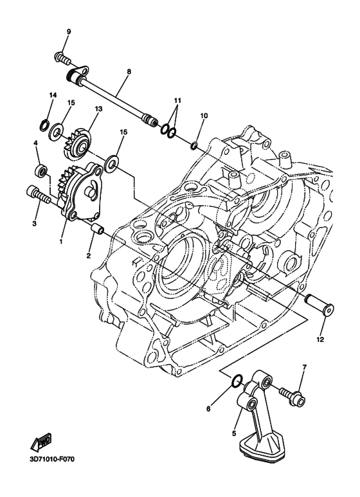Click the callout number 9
pos(69,32)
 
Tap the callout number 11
pos(177,102)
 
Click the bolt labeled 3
pos(37,194)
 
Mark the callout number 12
pos(319,339)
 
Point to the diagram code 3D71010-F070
pos(52,460)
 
